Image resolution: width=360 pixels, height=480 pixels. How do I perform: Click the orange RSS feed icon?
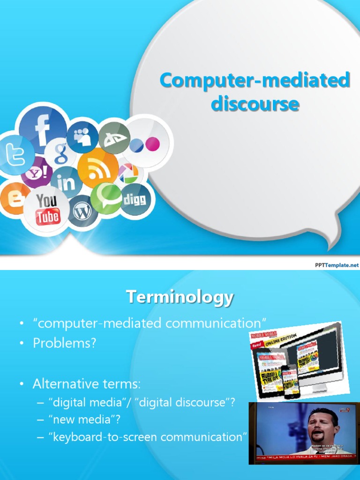pos(97,168)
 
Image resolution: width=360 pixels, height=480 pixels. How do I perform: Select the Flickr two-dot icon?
pos(145,144)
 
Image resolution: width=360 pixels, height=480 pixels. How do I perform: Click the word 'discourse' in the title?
pos(255,104)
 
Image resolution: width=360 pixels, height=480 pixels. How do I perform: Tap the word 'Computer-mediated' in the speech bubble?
pos(255,81)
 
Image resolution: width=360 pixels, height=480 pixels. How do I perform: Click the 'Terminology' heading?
pos(180,297)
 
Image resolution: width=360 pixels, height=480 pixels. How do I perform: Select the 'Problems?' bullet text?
pos(64,343)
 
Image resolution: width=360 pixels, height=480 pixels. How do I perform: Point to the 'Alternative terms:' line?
pos(86,384)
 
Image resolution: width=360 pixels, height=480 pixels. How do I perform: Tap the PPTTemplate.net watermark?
pos(336,265)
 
